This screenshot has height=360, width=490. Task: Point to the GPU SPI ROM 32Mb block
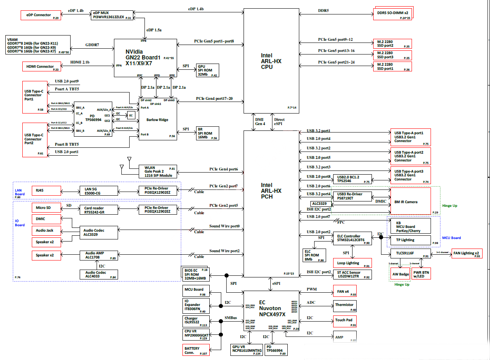coord(208,70)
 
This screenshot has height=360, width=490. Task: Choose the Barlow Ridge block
coord(158,119)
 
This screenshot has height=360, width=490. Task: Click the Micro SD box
coord(46,208)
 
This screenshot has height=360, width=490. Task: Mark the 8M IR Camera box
coord(410,201)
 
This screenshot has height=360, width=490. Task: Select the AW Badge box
coord(400,274)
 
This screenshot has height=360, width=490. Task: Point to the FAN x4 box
coord(344,292)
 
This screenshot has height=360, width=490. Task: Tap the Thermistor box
coord(344,306)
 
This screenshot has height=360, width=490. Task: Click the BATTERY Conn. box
coord(196,351)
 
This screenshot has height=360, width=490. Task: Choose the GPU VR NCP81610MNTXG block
coord(246,350)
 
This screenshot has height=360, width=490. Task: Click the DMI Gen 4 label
coord(260,122)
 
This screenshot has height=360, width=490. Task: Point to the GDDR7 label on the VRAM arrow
coord(92,45)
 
